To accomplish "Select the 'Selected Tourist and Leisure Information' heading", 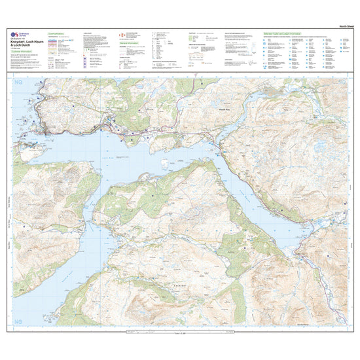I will (x=291, y=32).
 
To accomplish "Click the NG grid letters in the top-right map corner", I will (x=340, y=84).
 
